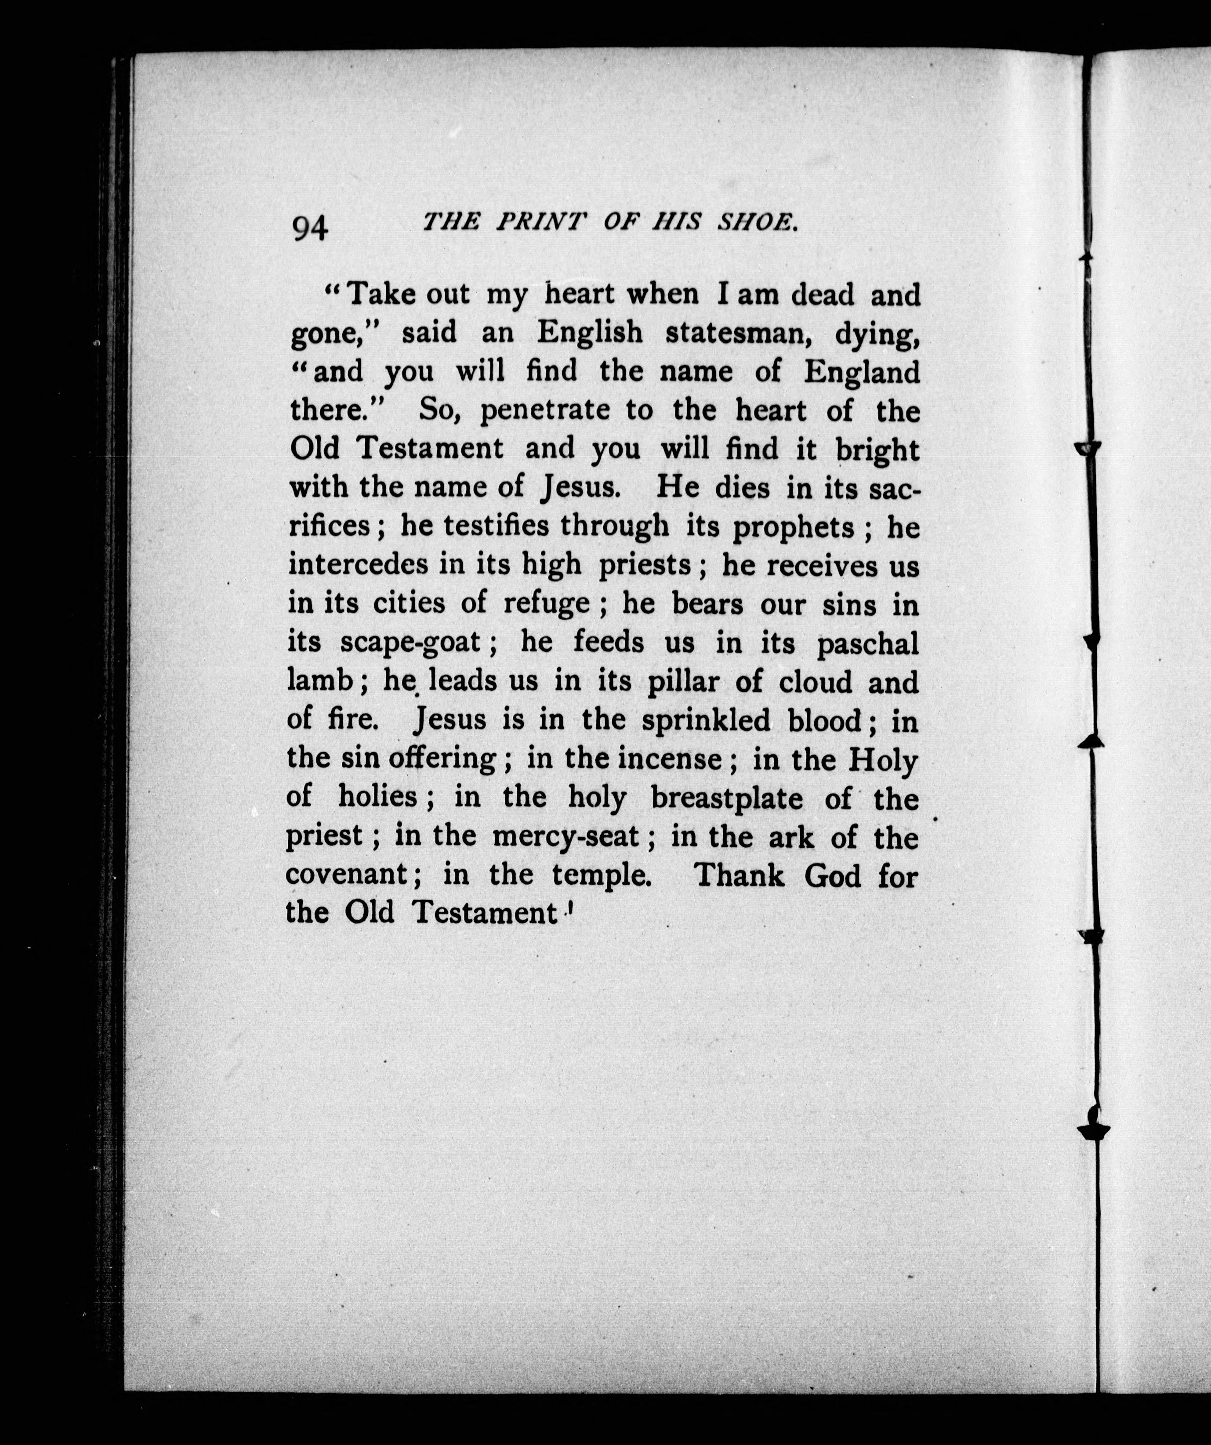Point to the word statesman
coord(738,333)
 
